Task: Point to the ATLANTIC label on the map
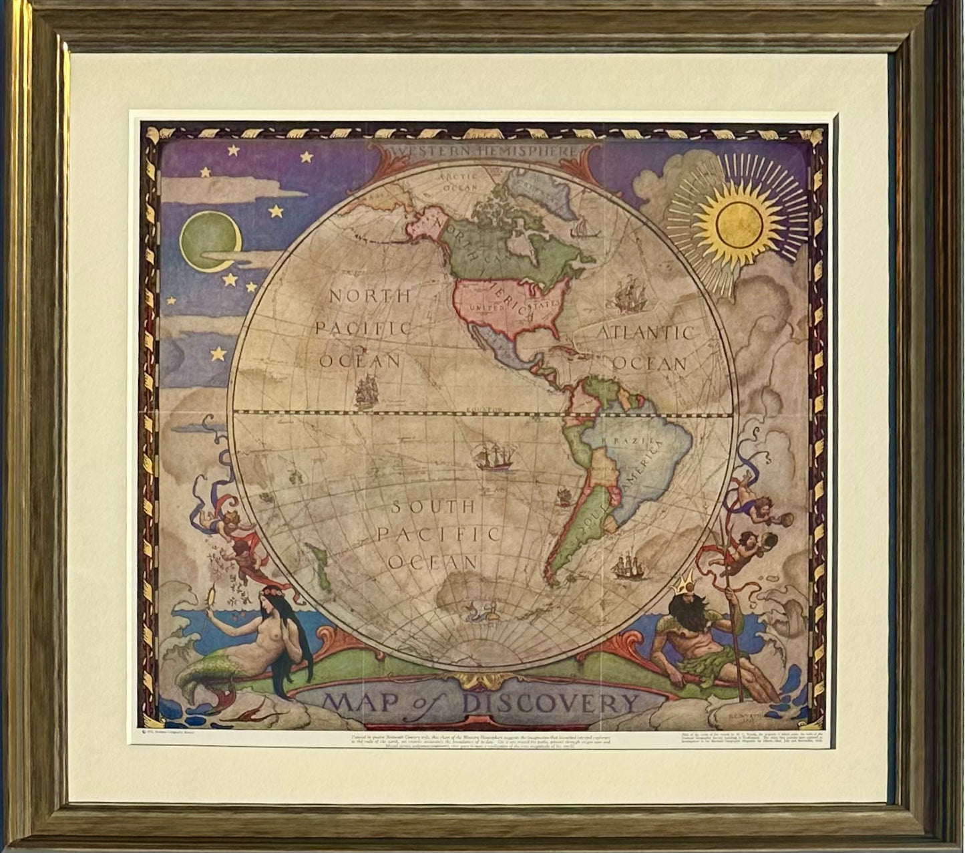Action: (645, 332)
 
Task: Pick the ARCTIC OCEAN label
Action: (459, 182)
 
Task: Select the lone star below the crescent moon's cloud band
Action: (219, 352)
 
